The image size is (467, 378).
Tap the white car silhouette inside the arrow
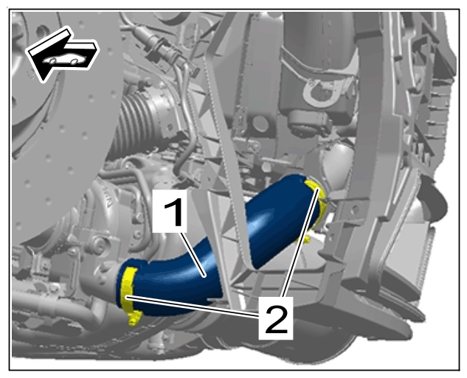(65, 60)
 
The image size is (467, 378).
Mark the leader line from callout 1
(193, 255)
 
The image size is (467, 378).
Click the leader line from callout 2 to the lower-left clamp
(193, 306)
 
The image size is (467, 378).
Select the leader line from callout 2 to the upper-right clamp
(300, 242)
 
